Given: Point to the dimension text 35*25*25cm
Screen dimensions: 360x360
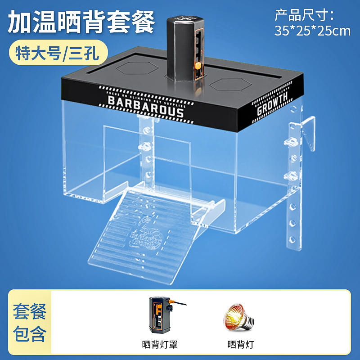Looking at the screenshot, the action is (312, 31).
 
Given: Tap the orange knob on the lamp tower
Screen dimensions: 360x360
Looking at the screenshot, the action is (197, 66).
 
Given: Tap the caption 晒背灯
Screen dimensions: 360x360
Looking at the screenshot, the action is (241, 345).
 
